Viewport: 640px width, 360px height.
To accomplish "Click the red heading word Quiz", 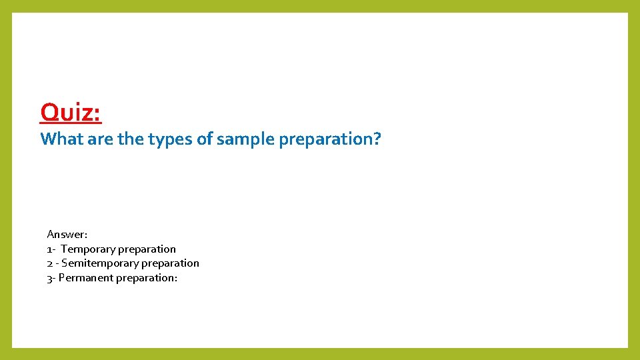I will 70,112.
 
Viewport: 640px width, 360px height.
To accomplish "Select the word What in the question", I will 61,139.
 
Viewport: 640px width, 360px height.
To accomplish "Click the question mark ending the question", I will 377,139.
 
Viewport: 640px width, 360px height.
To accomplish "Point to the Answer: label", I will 67,235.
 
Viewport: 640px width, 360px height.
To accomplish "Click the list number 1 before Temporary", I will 49,249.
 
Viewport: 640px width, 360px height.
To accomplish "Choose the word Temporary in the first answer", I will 87,249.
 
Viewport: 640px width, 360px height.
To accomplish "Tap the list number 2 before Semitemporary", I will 49,263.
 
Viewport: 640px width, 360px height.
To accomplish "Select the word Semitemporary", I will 96,263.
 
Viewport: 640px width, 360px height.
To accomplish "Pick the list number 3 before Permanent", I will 49,278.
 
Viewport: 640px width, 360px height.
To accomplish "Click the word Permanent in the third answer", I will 86,278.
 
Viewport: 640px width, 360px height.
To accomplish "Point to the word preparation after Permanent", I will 145,278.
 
